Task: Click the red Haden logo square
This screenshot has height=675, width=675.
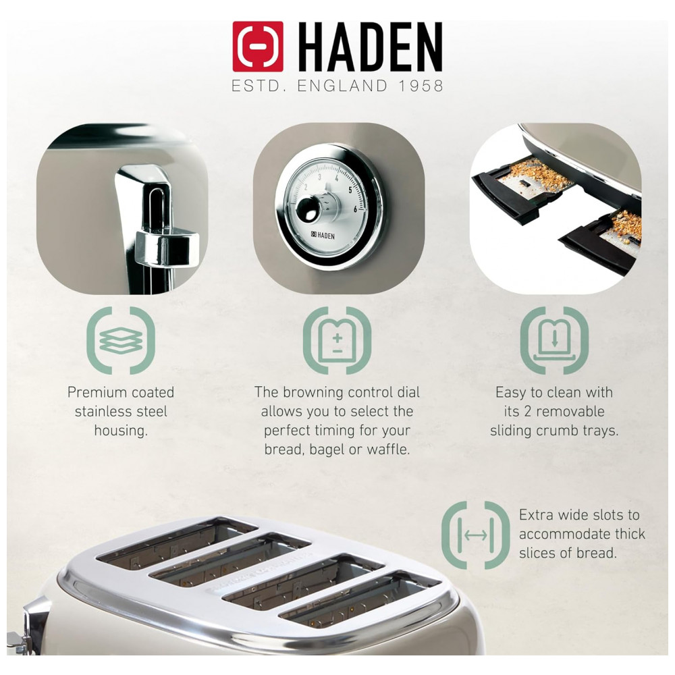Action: click(x=258, y=47)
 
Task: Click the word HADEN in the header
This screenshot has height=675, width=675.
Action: click(x=370, y=47)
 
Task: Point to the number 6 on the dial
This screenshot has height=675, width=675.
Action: click(x=356, y=209)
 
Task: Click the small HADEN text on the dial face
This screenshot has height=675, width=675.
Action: click(x=323, y=236)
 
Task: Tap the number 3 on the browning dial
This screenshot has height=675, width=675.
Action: click(x=319, y=177)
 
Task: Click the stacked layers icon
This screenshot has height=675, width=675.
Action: click(x=121, y=340)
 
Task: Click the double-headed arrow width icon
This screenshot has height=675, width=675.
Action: click(x=476, y=535)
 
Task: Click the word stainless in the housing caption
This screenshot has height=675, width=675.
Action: click(x=103, y=412)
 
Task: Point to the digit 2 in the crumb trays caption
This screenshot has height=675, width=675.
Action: click(x=528, y=412)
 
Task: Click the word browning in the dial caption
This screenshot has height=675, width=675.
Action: click(x=313, y=393)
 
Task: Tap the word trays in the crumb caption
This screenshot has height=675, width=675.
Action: click(x=600, y=431)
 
